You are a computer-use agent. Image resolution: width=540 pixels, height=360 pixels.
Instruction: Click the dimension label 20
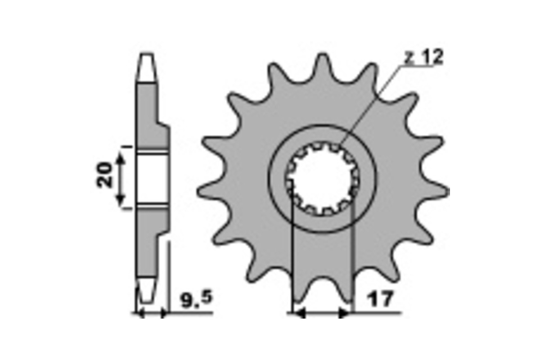[104, 175]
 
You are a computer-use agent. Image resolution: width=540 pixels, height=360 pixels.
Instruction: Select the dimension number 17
[380, 299]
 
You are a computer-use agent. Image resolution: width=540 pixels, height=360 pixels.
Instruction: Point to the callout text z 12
[423, 57]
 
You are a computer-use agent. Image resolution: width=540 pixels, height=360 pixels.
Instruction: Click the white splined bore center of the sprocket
[323, 179]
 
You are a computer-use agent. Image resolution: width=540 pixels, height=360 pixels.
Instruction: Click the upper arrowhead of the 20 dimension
[121, 159]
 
